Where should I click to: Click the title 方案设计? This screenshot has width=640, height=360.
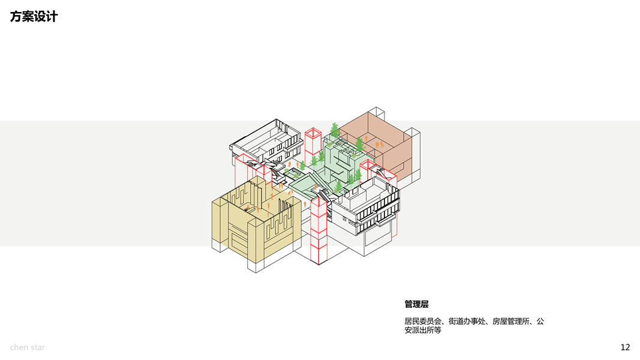tap(34, 17)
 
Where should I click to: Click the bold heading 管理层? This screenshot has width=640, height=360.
tap(416, 304)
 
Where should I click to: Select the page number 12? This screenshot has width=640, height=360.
tap(625, 347)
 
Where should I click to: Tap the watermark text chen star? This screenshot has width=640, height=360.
tap(27, 347)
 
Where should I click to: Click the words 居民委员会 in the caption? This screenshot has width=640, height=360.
tap(422, 322)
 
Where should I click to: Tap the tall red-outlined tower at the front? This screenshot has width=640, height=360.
tap(318, 231)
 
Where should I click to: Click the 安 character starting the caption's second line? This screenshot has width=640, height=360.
tap(408, 330)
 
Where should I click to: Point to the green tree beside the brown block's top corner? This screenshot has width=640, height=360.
tap(334, 128)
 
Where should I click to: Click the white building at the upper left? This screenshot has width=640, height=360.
tap(264, 144)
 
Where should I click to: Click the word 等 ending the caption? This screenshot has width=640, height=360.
tap(437, 330)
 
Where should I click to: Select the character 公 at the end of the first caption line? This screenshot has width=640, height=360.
tap(540, 322)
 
